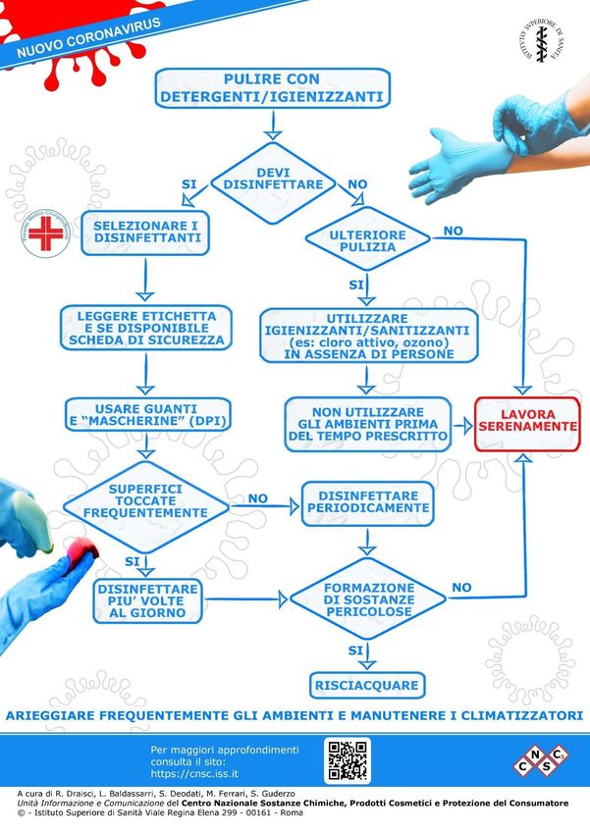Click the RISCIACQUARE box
(366, 684)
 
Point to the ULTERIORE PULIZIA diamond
(368, 240)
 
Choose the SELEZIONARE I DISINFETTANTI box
(145, 233)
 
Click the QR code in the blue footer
(348, 760)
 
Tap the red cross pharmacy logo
(44, 234)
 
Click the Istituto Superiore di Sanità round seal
(543, 44)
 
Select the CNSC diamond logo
(541, 760)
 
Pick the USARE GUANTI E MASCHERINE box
(146, 417)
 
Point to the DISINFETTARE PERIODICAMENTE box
(367, 501)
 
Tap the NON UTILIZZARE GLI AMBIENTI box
(367, 422)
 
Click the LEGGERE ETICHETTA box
(146, 329)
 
